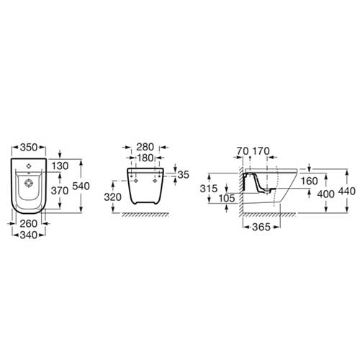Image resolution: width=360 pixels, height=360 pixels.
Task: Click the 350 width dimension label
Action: [29, 147]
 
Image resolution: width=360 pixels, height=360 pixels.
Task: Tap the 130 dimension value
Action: [60, 166]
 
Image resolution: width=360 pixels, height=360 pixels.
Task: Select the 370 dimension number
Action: [60, 191]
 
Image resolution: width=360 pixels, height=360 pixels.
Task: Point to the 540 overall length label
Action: [81, 186]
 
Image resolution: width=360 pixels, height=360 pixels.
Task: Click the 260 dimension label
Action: [29, 224]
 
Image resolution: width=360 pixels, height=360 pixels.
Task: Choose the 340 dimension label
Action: [29, 235]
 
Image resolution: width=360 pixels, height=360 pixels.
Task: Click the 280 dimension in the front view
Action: [145, 147]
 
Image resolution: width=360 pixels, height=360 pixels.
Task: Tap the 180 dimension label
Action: [145, 158]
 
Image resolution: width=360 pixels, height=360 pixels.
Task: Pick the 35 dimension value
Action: [184, 175]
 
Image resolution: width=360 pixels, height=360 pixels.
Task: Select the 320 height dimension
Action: [112, 197]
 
